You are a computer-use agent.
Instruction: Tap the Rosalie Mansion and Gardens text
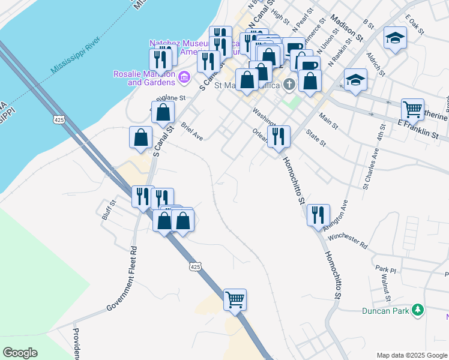144,78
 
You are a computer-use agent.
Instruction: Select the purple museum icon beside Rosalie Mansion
184,77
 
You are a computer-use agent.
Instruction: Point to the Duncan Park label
386,311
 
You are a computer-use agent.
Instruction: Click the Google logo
20,353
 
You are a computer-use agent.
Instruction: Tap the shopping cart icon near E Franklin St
412,110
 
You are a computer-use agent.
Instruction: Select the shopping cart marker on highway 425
235,299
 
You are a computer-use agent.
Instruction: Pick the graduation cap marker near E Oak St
394,38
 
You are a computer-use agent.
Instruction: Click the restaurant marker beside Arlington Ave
318,215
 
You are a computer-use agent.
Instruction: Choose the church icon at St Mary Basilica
290,83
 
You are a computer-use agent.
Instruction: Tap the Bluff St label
108,210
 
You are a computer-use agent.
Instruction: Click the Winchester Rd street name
347,241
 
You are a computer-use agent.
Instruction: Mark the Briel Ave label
193,131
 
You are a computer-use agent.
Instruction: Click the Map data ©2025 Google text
411,355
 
